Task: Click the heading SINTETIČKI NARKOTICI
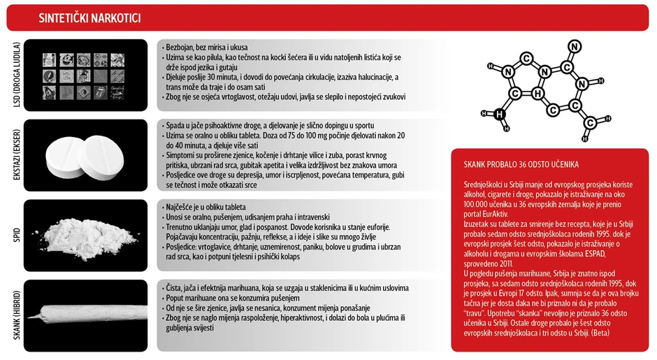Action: (100, 17)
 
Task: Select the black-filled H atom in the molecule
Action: (498, 114)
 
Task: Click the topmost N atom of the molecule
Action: (575, 48)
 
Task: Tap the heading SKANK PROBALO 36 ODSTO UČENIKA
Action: (521, 165)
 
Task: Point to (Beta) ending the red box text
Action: (601, 333)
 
